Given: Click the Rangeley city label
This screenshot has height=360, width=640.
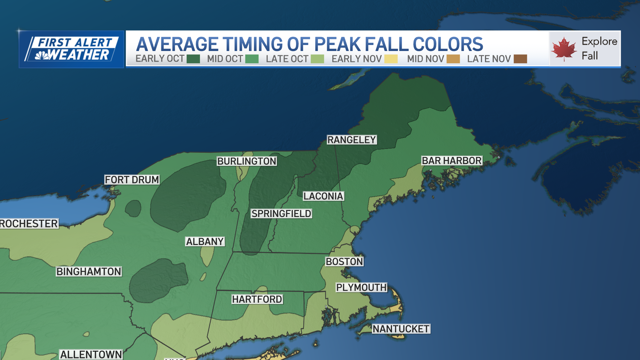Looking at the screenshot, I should pos(352,140).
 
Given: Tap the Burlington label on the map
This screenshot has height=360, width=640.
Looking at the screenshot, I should pos(247,161).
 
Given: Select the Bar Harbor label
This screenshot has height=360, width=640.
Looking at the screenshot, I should pos(452,161).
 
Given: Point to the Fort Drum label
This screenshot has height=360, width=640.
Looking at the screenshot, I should pos(132,180).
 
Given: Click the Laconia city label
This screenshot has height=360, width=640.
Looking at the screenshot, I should pos(323,196).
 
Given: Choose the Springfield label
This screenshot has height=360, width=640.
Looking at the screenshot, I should pos(281,214).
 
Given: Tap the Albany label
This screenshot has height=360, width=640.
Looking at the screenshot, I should pos(205,241).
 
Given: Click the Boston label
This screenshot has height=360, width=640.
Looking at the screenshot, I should pos(344,262).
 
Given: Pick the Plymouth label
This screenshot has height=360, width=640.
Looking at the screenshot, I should pos(361,287).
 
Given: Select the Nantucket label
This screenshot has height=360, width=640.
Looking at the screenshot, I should pos(401,329).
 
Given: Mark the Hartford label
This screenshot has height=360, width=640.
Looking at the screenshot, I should pos(257,299).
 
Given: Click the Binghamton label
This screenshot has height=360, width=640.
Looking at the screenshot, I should pos(89,272).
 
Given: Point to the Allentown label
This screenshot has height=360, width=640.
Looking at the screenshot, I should pos(91,354).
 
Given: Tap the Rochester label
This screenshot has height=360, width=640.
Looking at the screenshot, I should pos(29,223).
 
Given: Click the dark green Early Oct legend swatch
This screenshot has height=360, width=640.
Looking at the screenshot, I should pos(193,59).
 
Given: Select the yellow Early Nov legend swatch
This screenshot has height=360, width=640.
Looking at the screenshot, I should pos(391,59).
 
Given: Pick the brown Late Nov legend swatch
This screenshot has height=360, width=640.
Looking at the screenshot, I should pos(520,59).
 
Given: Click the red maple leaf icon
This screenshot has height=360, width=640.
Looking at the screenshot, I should pos(564,49).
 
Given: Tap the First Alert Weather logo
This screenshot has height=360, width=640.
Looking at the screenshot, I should pos(71,49).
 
